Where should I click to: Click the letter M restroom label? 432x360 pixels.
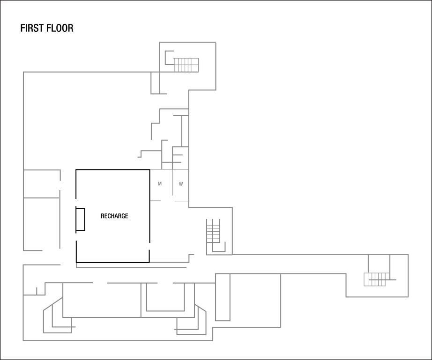(x=160, y=184)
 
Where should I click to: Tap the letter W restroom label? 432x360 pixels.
(x=181, y=184)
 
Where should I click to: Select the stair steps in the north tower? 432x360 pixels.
(x=186, y=65)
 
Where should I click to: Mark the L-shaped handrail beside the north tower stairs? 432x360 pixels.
(x=167, y=58)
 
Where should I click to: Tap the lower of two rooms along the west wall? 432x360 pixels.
(x=41, y=224)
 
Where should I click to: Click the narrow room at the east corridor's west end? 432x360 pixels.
(x=223, y=297)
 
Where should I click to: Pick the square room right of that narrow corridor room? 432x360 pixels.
(x=255, y=300)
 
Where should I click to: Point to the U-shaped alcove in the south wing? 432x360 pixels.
(x=165, y=297)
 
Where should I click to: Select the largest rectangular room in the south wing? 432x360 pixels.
(x=102, y=300)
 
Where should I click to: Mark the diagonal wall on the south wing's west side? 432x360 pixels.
(x=52, y=303)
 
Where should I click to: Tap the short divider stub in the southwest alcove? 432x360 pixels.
(x=37, y=291)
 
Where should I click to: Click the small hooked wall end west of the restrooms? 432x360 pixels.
(x=140, y=154)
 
